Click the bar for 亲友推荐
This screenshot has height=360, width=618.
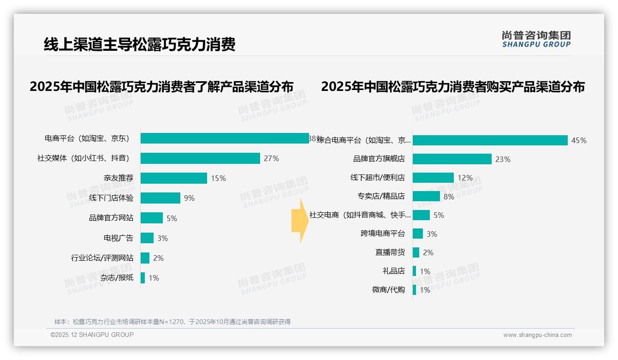point(174,178)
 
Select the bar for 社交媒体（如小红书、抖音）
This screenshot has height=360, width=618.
point(200,158)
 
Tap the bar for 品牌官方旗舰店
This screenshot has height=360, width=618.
point(452,159)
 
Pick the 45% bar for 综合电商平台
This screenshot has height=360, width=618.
point(490,140)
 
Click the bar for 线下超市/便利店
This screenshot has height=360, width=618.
point(433,178)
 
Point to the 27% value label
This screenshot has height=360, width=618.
point(271,158)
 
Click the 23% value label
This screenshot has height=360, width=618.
point(503,159)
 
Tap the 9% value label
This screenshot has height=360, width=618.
point(189,198)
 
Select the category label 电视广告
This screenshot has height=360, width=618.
point(119,238)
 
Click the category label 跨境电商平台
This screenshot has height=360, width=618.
point(382,234)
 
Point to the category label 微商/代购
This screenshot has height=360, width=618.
point(388,290)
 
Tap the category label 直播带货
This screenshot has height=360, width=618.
point(390,252)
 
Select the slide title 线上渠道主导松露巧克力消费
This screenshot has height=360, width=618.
point(139,44)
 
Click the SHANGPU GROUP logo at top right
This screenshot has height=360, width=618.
point(536,39)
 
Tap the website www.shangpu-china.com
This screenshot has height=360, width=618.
point(537,335)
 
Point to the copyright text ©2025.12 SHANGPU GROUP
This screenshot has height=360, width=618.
point(92,335)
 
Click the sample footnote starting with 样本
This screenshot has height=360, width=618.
point(172,322)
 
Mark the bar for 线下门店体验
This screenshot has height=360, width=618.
point(160,198)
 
